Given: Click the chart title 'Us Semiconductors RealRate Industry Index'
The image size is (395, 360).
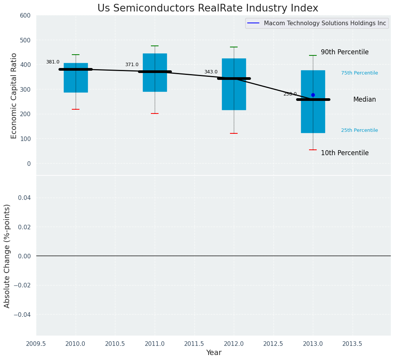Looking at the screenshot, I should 207,8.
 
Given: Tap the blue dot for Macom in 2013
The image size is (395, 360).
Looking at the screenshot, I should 313,95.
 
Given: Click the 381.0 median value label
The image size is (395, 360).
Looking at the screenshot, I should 53,62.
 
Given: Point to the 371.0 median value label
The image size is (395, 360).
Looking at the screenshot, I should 132,65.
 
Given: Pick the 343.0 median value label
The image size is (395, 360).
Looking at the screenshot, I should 211,72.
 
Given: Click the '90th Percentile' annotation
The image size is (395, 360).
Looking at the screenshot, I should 345,52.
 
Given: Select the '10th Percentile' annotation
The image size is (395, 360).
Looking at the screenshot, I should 345,153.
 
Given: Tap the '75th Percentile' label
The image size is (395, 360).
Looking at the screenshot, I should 359,73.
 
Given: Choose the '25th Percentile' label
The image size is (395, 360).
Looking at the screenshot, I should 359,130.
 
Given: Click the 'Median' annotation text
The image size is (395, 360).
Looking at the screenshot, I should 364,99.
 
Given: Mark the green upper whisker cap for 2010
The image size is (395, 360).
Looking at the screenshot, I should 76,55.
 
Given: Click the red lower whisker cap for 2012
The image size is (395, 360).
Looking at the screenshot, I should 234,133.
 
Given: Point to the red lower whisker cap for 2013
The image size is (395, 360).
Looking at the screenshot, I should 313,150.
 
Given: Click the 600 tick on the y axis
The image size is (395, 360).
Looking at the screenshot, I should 25,15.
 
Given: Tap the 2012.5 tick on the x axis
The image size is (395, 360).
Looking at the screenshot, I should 274,344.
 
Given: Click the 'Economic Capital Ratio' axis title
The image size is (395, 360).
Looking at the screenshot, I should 14,96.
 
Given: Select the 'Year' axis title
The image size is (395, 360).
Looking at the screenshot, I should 214,353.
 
